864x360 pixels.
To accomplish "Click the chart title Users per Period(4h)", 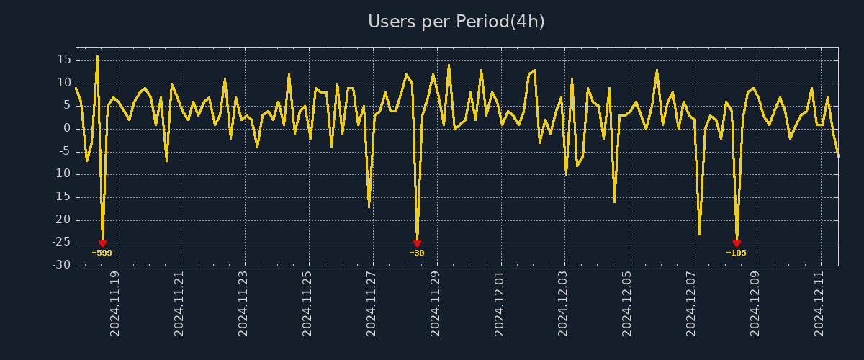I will point(456,22).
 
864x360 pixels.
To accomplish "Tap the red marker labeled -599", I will point(102,243).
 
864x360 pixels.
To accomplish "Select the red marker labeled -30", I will point(417,243).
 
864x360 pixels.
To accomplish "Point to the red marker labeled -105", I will point(737,243).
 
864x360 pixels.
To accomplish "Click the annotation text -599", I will point(102,253).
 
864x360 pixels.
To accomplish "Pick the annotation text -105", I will point(736,253).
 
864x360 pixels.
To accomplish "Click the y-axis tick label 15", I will point(63,60).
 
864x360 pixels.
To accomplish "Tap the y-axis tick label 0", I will point(66,128).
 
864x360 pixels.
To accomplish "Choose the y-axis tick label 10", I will point(63,83).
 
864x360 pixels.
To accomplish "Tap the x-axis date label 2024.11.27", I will point(372,303).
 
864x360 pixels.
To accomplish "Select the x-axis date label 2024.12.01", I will point(500,303).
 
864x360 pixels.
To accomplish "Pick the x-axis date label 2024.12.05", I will point(628,303).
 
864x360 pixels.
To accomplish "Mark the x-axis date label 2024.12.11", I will point(820,303).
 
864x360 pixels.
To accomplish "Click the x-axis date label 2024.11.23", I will point(243,303).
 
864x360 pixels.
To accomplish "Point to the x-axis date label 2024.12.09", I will point(756,303).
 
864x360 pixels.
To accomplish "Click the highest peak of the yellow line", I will point(97,56).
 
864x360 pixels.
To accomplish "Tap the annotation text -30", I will point(417,253).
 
